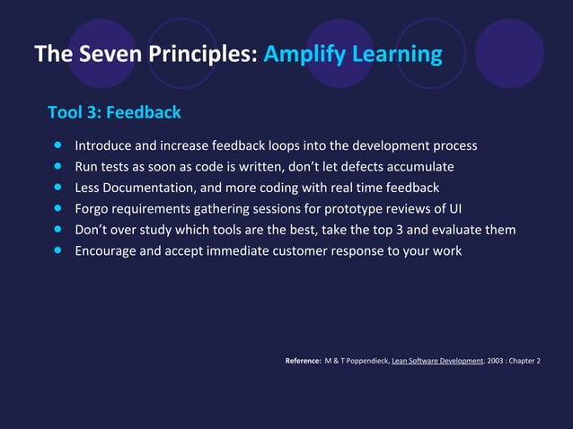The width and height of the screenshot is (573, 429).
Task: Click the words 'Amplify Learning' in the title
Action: tap(353, 55)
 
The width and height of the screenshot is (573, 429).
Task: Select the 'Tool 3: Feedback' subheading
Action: tap(114, 112)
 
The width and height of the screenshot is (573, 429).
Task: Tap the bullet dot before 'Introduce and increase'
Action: tap(58, 144)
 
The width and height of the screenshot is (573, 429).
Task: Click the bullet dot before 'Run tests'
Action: tap(58, 166)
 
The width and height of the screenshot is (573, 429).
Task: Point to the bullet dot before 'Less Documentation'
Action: tap(58, 188)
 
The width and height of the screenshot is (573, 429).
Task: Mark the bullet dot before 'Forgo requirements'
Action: tap(58, 208)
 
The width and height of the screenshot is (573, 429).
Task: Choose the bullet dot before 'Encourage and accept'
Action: tap(58, 250)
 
